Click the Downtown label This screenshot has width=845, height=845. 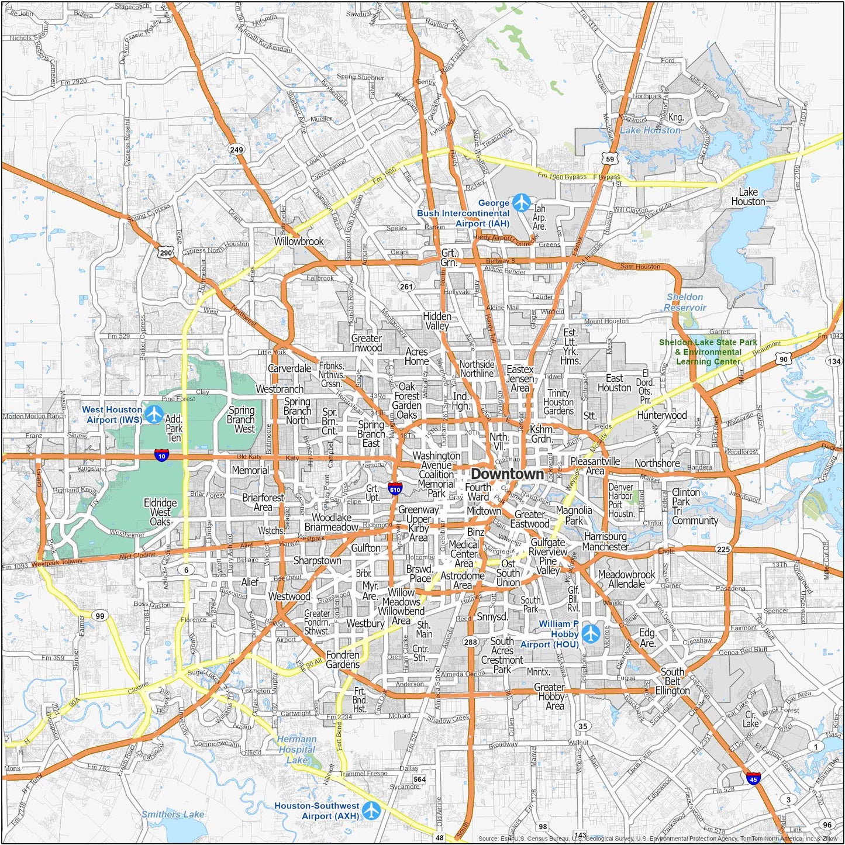[x=507, y=474]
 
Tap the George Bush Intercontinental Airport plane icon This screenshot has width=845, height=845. [x=521, y=203]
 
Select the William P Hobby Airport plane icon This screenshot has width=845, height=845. [x=591, y=633]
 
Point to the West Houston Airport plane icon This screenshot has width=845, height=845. [x=154, y=414]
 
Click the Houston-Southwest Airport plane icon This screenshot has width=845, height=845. [x=371, y=810]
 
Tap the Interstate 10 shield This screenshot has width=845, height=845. [x=162, y=455]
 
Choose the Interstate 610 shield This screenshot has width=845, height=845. [x=395, y=489]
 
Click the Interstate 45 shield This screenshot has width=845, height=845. [x=753, y=778]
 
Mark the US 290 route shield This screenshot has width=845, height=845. [x=165, y=253]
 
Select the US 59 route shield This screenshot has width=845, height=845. [x=610, y=158]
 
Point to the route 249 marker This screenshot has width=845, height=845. [x=236, y=150]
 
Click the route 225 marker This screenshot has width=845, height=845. [x=723, y=549]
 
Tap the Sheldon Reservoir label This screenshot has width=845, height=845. [x=685, y=302]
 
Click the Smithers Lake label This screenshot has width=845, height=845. [x=173, y=814]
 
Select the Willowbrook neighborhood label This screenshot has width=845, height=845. [x=299, y=241]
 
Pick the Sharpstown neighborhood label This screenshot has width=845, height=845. [x=317, y=561]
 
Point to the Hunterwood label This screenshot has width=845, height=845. [x=662, y=415]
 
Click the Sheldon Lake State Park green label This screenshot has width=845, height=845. [x=708, y=352]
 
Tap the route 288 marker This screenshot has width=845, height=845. [x=471, y=641]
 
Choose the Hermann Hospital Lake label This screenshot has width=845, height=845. [x=296, y=750]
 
